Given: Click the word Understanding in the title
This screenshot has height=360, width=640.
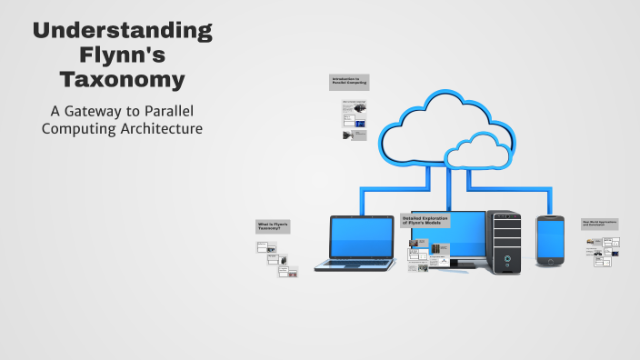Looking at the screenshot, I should click(x=122, y=31).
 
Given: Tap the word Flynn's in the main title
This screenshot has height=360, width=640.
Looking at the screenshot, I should click(x=122, y=55).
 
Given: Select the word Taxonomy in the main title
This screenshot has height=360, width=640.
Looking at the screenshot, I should click(x=122, y=80).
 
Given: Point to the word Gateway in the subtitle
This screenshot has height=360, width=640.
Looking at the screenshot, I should click(x=99, y=111).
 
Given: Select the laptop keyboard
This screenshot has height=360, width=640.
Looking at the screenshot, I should click(x=355, y=265).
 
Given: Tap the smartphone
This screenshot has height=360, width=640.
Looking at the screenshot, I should click(x=550, y=241).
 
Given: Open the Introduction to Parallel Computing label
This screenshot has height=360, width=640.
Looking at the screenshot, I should click(x=349, y=82).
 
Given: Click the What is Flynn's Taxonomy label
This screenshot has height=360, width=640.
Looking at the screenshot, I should click(x=273, y=226).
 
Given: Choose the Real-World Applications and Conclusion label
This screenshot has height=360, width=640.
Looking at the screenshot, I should click(x=600, y=224).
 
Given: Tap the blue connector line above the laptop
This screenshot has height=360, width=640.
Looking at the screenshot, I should click(x=362, y=202).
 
